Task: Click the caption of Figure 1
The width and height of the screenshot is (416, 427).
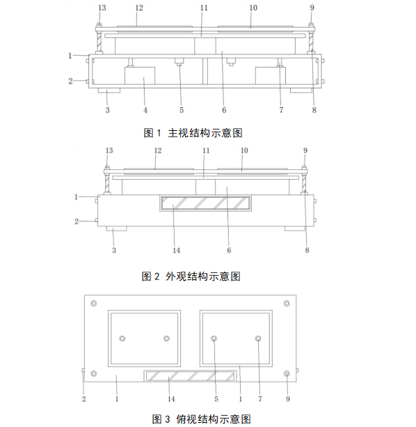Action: [193, 133]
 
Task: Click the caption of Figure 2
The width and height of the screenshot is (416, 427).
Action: [191, 277]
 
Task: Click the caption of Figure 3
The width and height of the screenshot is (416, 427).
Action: [202, 419]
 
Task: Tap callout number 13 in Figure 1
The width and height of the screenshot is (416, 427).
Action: [102, 8]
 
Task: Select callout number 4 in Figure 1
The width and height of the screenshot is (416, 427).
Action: [145, 110]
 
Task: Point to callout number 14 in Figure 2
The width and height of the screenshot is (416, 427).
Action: [177, 250]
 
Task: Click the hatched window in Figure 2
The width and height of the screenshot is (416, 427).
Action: [205, 203]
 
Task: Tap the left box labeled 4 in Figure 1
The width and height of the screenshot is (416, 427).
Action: [140, 76]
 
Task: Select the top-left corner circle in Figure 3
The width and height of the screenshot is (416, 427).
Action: [94, 304]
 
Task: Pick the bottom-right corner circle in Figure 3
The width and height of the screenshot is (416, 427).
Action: [287, 373]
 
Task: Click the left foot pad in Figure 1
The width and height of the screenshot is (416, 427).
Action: [109, 90]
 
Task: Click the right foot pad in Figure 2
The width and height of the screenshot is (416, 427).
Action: [295, 228]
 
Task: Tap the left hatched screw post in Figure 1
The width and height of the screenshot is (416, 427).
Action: [99, 42]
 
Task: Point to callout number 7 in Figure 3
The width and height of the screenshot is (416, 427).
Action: [260, 399]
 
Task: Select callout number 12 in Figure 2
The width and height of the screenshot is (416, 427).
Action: [158, 150]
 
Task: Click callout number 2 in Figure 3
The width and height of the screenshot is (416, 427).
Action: [83, 399]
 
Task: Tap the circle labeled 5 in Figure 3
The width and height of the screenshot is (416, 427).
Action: [214, 339]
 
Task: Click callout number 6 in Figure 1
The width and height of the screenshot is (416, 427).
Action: [224, 110]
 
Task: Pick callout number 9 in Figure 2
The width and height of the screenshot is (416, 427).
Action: [305, 150]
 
